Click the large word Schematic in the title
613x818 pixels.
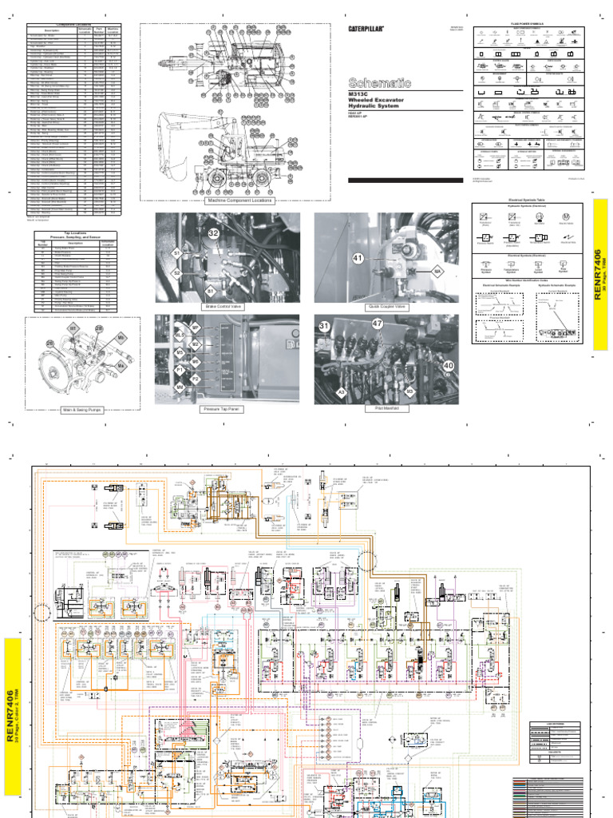(380, 82)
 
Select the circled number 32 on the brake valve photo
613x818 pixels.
(213, 233)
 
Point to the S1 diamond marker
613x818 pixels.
(177, 253)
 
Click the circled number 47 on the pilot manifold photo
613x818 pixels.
(377, 324)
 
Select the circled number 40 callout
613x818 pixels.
(449, 366)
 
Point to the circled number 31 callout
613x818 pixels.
(325, 326)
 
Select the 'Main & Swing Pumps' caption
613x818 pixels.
(84, 410)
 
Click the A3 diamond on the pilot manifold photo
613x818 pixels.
(342, 392)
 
